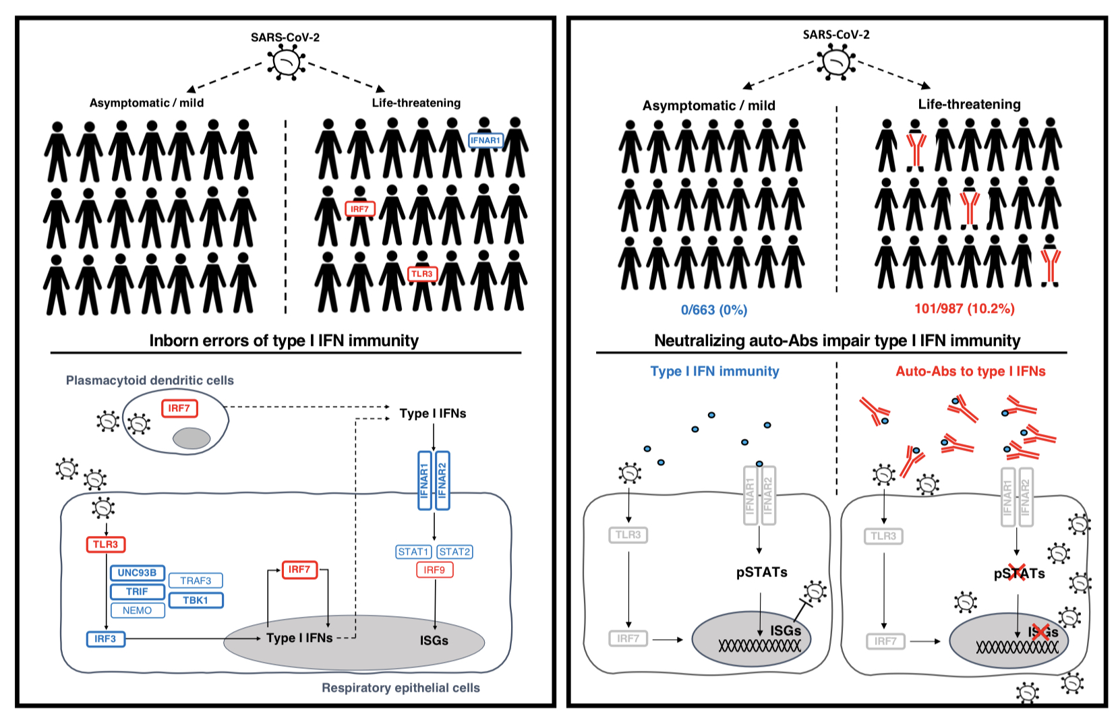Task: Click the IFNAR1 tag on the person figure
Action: pyautogui.click(x=486, y=141)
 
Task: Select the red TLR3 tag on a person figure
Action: pyautogui.click(x=422, y=274)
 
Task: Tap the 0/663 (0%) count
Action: pyautogui.click(x=714, y=310)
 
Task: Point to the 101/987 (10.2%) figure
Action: pyautogui.click(x=964, y=309)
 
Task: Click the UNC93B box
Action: pyautogui.click(x=137, y=572)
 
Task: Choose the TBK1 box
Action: pyautogui.click(x=196, y=600)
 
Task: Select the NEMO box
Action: pyautogui.click(x=137, y=610)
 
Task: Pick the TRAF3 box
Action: pyautogui.click(x=196, y=580)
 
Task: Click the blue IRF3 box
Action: pyautogui.click(x=105, y=638)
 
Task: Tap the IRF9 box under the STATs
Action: pyautogui.click(x=434, y=570)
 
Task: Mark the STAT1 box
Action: pyautogui.click(x=413, y=551)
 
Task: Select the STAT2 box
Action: pyautogui.click(x=454, y=551)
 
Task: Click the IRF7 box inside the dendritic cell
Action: pyautogui.click(x=179, y=408)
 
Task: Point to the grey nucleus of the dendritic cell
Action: pyautogui.click(x=192, y=438)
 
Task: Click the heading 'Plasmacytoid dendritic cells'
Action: pyautogui.click(x=150, y=380)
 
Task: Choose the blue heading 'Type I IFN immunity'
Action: pyautogui.click(x=715, y=371)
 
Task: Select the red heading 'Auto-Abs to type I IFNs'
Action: pyautogui.click(x=970, y=371)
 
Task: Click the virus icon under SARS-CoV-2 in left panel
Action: pyautogui.click(x=287, y=63)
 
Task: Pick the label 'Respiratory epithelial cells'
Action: pyautogui.click(x=401, y=688)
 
